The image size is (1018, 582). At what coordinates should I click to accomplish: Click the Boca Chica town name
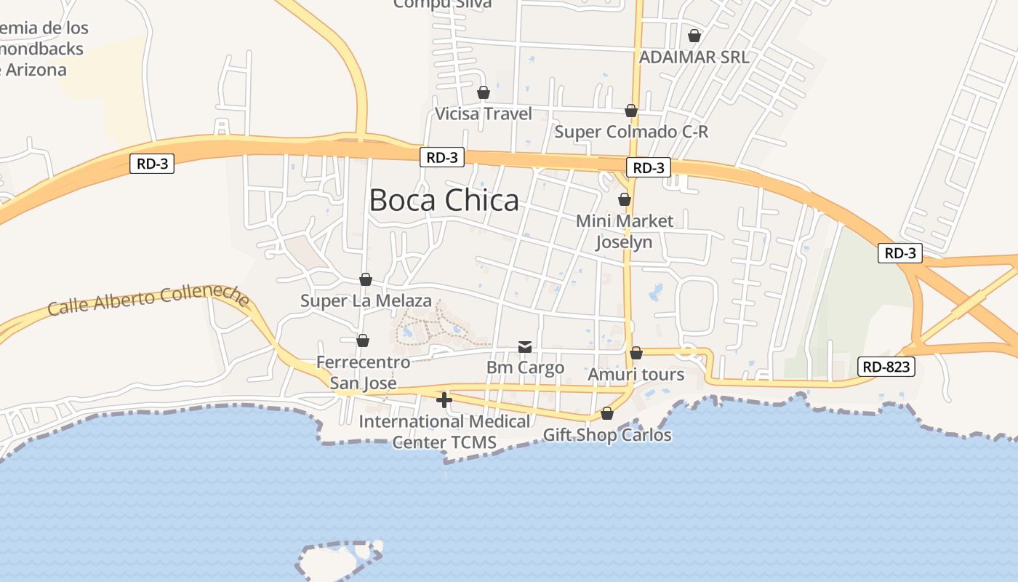point(444,200)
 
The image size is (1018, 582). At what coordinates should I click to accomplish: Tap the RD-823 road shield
point(886,367)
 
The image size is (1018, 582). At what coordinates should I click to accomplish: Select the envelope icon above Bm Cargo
point(525,347)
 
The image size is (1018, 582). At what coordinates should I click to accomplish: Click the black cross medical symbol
point(444,400)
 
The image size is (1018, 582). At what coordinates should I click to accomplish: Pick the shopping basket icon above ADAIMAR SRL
point(694,36)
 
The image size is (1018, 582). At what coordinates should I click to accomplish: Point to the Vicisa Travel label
point(484,113)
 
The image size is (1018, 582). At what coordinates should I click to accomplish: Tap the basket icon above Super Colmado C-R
point(631,111)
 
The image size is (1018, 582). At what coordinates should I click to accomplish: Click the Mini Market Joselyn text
point(625,231)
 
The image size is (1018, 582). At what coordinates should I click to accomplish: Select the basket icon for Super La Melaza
point(366,280)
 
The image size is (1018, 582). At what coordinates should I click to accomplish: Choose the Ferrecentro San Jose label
point(364,372)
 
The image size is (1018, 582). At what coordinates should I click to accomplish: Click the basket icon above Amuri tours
point(636,354)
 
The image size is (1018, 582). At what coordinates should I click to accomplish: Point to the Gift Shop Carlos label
point(607,435)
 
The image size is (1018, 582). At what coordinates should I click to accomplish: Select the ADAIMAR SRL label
point(694,57)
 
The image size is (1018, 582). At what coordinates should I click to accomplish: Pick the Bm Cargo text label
point(525,367)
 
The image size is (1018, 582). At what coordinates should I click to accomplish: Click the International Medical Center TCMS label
point(444,431)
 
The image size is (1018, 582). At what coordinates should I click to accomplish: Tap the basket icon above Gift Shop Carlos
point(607,414)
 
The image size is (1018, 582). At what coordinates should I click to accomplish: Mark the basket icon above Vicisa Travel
point(484,93)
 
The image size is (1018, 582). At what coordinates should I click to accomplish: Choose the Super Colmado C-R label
point(631,132)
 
